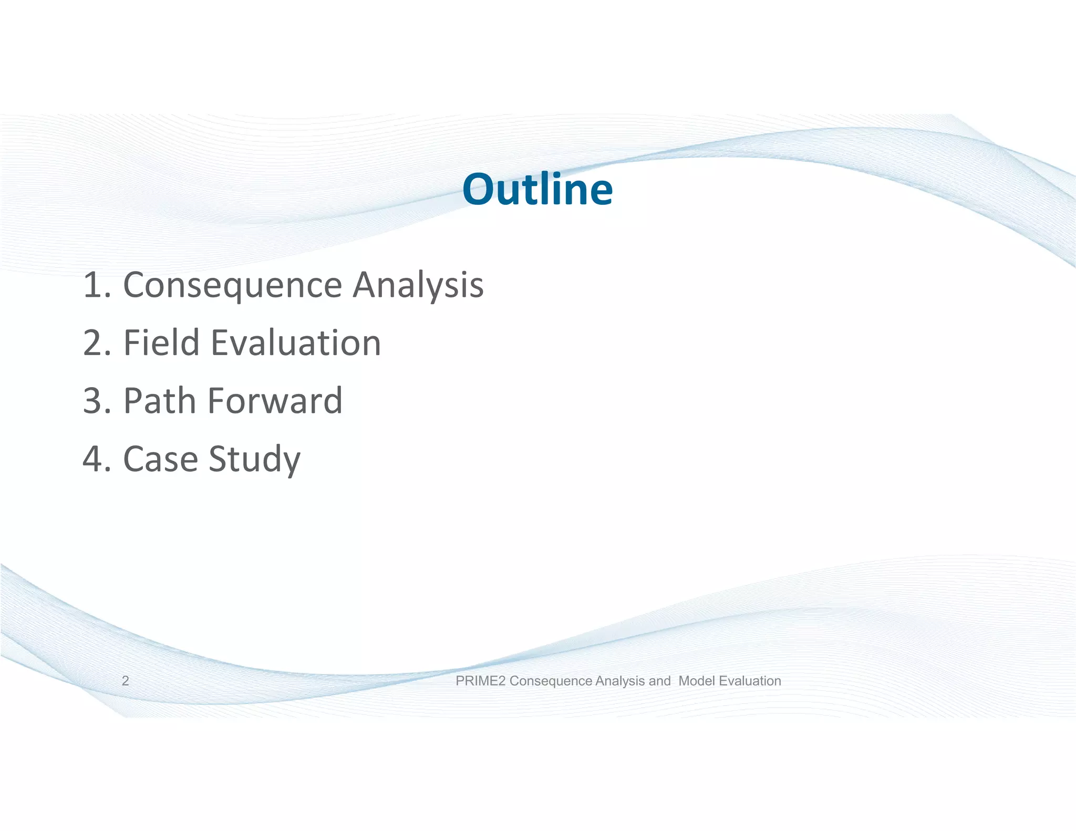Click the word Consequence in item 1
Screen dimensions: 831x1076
point(232,285)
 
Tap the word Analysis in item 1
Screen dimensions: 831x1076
point(418,285)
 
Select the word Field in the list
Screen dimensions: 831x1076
point(161,342)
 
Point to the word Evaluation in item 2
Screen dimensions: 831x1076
point(296,342)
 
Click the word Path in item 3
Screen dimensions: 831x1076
point(159,400)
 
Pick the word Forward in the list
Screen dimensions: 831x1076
point(275,400)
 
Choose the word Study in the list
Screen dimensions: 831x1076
point(254,459)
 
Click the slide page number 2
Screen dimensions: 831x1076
point(125,681)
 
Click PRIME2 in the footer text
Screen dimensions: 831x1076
point(481,681)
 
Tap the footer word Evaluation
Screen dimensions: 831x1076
point(750,681)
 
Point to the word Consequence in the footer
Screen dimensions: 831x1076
point(551,681)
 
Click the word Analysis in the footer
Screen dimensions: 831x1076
point(620,681)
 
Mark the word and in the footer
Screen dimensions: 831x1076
point(659,681)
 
